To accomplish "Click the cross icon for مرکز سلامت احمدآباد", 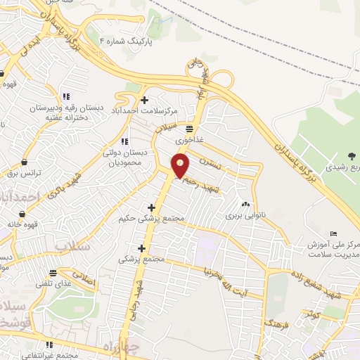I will pyautogui.click(x=145, y=100).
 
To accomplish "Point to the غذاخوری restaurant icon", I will pyautogui.click(x=188, y=128).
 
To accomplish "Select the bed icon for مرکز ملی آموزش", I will pyautogui.click(x=333, y=233).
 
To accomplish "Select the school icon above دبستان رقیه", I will pyautogui.click(x=66, y=96).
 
